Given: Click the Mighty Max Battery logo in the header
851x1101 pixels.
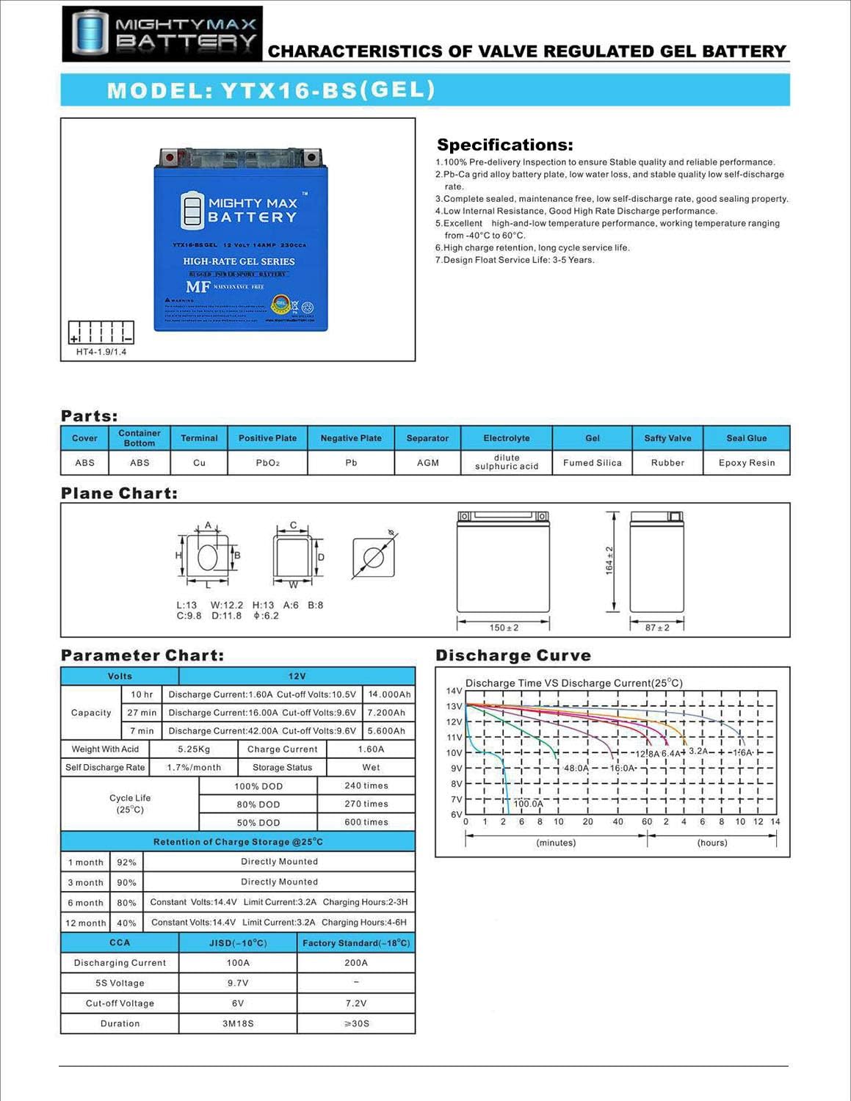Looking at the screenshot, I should point(162,34).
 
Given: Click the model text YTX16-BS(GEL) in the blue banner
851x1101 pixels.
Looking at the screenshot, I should point(272,90).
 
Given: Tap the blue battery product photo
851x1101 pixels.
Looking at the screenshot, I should point(240,239).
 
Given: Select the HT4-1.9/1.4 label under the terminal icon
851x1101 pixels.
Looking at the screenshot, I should point(101,352).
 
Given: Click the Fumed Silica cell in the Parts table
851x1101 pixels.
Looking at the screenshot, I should point(592,463).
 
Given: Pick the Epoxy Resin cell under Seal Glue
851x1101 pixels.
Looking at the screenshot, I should point(746,463).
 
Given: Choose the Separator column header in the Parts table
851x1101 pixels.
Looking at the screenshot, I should point(427,438).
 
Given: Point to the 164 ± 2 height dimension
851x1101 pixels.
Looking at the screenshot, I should point(609,560).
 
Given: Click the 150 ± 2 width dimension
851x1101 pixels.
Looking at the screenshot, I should point(504,628).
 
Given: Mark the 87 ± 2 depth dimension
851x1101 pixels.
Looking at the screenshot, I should point(657,628).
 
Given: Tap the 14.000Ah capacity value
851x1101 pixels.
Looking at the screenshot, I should point(389,694).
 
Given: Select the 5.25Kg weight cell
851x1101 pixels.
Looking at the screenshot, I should point(194,749).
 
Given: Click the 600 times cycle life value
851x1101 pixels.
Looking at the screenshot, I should point(366,822).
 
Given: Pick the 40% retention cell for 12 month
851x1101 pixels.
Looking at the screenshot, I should point(126,923).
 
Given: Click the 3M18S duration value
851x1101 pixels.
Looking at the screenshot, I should point(238,1023).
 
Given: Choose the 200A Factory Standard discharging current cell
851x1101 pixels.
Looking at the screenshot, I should point(356,963).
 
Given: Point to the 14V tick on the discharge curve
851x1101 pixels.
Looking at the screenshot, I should point(454,691).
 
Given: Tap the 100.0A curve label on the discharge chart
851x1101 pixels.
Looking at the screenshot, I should point(528,804).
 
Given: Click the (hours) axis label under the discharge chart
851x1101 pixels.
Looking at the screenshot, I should point(711,843).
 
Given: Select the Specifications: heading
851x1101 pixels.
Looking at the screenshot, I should point(504,145).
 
